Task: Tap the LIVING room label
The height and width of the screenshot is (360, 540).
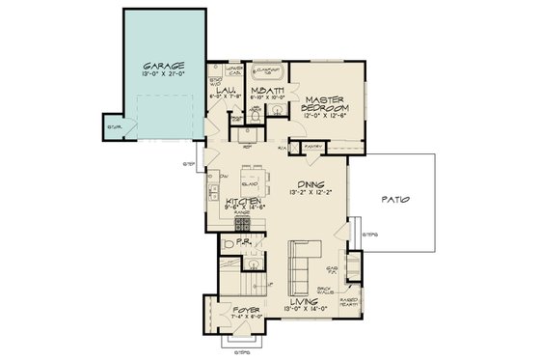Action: (310, 301)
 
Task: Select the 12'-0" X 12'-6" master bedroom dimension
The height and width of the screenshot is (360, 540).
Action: (326, 117)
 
